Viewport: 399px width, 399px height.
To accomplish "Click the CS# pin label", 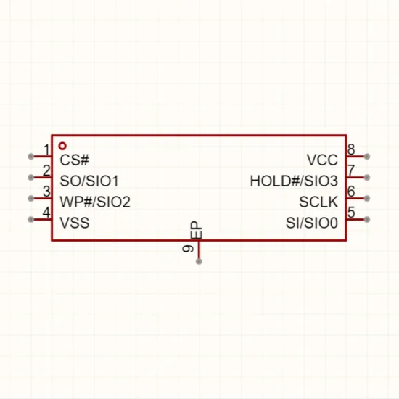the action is coord(74,160).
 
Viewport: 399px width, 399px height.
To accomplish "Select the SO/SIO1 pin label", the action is coord(89,181).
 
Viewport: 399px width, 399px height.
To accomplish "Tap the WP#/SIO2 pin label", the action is coord(95,202).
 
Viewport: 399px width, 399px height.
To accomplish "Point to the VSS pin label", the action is coord(75,223).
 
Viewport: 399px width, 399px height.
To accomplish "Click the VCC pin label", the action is coord(322,160).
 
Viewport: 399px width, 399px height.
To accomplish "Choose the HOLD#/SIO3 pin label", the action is coord(294,181).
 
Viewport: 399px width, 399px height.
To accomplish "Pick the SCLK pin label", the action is coord(318,202).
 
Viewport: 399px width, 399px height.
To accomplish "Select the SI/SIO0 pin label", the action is coord(312,223).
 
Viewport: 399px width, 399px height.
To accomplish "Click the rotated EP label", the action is coord(196,230).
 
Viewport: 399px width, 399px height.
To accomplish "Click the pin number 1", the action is coord(47,149).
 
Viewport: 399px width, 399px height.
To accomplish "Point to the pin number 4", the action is coord(46,213).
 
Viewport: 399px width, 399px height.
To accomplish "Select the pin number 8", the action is coord(351,149).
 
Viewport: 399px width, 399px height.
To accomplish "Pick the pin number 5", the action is coord(351,213).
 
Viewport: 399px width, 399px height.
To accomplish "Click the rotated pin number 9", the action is coord(188,248).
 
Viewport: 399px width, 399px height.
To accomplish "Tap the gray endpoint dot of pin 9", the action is coord(199,261).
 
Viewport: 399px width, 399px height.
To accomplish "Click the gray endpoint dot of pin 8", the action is coord(366,157).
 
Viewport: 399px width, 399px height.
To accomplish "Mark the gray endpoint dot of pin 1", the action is coord(30,157).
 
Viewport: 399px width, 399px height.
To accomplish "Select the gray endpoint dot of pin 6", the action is coord(366,198).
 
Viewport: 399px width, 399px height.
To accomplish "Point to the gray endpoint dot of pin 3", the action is coord(30,198).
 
